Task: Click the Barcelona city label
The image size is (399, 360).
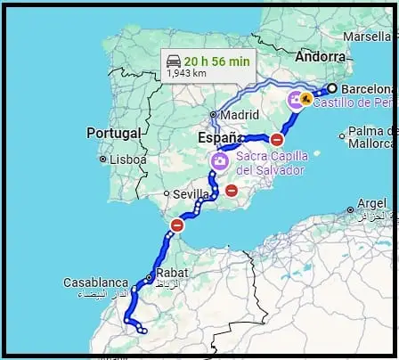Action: click(367, 89)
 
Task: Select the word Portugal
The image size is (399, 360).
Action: click(115, 133)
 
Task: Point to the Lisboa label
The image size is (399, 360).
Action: click(128, 159)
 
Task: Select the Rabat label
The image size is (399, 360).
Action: click(170, 273)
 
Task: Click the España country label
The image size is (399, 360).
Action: click(217, 140)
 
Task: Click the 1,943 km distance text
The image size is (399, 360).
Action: click(186, 74)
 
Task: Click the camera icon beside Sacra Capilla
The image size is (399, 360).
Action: click(219, 160)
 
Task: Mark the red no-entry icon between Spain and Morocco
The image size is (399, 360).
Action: click(177, 226)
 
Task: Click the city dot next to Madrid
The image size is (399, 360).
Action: click(214, 114)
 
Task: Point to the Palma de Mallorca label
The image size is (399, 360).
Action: click(370, 136)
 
